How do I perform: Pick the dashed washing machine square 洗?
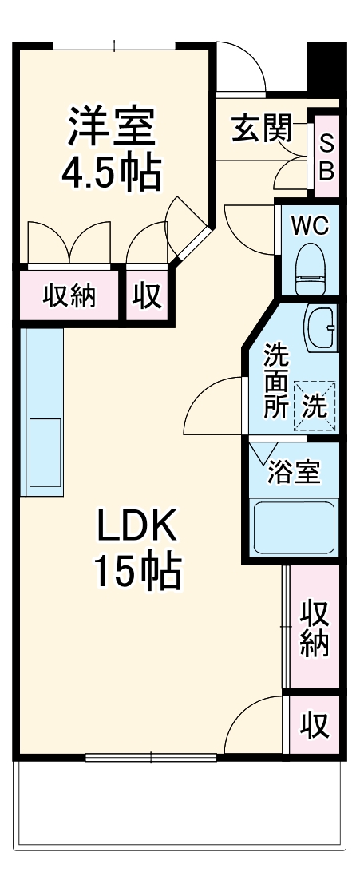click(315, 406)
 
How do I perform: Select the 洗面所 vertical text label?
click(276, 380)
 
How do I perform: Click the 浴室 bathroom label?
click(294, 471)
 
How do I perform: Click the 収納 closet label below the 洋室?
click(69, 296)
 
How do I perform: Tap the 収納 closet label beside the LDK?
click(315, 629)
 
